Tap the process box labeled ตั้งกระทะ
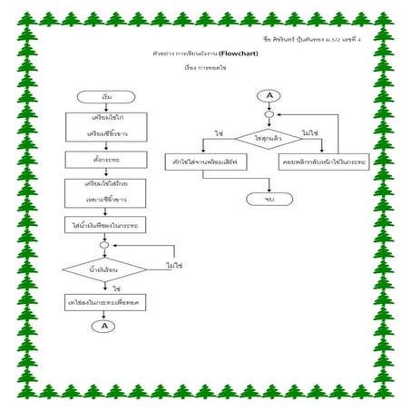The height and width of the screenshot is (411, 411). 105,160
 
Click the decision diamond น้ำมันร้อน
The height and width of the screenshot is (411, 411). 105,269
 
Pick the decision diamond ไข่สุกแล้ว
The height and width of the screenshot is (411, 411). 269,138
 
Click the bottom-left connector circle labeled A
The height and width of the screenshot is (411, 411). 104,326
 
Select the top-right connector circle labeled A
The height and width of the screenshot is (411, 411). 269,95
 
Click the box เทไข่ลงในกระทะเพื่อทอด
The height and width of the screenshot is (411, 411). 105,300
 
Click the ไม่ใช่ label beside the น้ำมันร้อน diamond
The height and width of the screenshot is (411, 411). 174,266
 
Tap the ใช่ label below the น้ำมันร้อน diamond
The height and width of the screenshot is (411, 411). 117,288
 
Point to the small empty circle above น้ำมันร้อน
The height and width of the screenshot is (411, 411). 104,244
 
